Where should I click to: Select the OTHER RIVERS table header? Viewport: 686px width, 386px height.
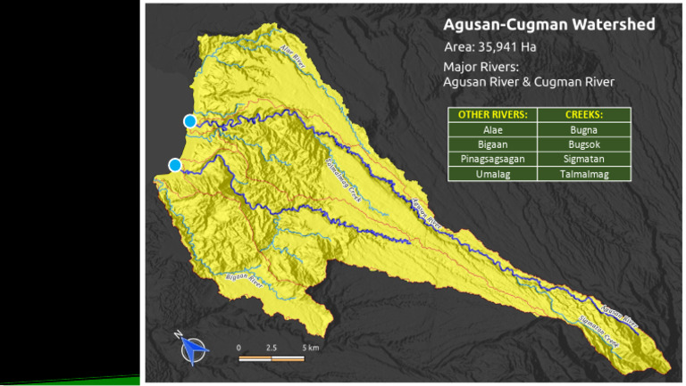coord(492,115)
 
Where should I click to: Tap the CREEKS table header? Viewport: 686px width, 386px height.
coord(585,115)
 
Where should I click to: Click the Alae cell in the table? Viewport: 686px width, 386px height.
coord(492,129)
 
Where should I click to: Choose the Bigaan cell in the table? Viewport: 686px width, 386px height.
coord(492,144)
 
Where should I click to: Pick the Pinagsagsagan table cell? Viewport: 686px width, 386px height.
coord(492,159)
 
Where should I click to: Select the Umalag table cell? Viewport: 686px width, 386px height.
coord(492,174)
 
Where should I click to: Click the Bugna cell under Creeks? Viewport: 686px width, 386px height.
coord(585,129)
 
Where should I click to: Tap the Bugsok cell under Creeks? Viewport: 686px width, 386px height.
coord(585,144)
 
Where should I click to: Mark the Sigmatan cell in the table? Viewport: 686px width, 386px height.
coord(585,159)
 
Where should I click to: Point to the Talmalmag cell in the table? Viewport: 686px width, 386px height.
coord(585,174)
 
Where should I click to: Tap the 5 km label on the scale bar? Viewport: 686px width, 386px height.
coord(310,347)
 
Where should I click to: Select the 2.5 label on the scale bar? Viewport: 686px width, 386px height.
coord(271,347)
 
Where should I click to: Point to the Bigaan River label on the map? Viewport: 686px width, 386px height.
coord(243,280)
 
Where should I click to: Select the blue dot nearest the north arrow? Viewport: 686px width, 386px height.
coord(175,165)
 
